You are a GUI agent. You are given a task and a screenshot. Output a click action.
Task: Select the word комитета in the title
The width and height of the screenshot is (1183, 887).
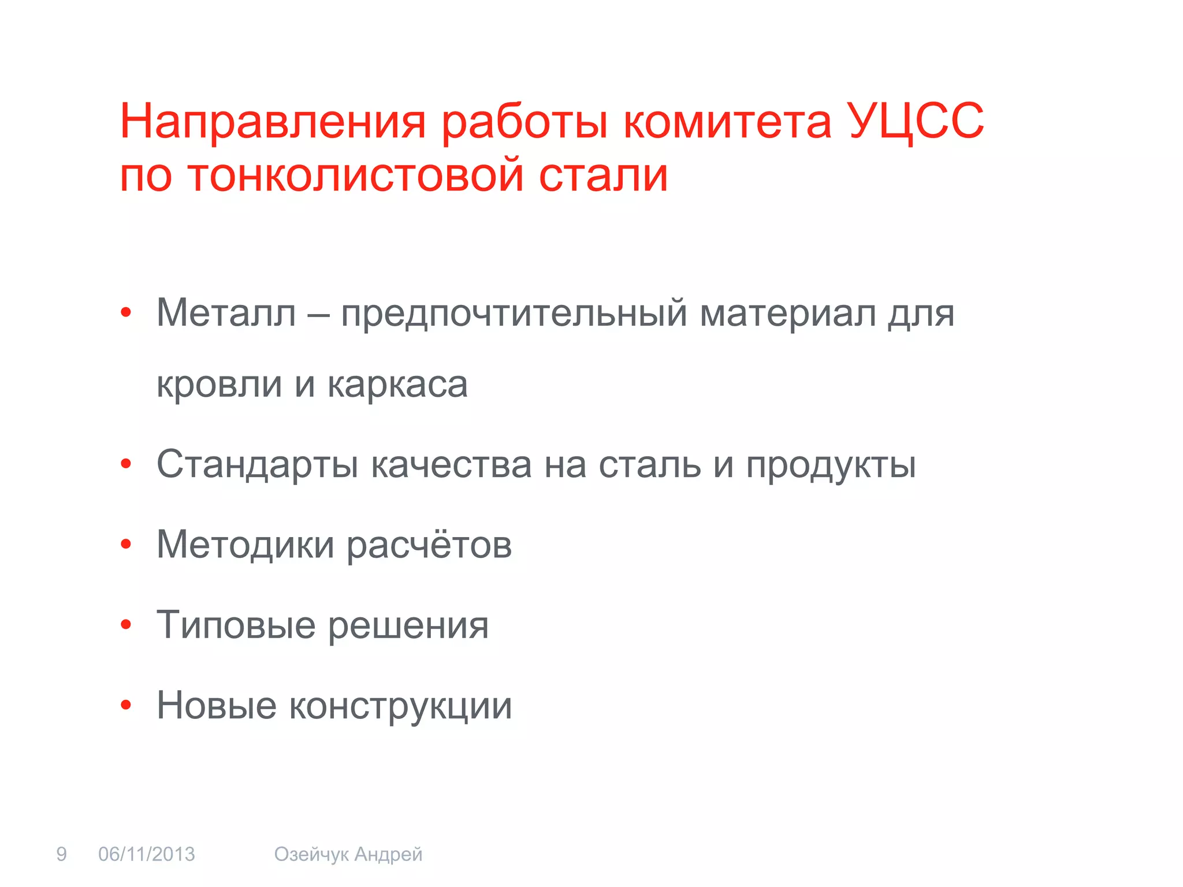point(727,122)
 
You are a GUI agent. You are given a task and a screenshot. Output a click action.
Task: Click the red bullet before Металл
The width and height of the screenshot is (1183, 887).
point(126,314)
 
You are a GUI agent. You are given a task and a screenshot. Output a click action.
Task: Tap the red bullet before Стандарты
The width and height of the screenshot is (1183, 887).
point(126,464)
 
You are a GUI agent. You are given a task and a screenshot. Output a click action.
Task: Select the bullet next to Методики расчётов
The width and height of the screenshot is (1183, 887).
point(126,545)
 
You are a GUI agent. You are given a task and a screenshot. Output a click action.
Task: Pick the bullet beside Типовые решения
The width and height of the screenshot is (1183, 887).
point(126,625)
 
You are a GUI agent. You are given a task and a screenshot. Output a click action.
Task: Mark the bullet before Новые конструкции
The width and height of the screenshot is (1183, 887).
point(126,705)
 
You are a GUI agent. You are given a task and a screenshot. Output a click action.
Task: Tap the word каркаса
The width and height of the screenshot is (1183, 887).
point(397,385)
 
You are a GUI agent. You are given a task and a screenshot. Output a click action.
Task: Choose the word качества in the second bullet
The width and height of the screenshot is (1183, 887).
point(451,464)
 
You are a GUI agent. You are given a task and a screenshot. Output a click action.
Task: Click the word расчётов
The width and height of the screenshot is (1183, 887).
point(429,545)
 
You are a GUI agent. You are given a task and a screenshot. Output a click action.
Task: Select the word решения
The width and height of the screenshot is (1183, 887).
point(408,625)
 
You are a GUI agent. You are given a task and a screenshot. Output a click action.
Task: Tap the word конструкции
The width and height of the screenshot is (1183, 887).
point(400,706)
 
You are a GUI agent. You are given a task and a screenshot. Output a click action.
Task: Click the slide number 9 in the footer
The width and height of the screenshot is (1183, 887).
point(61,854)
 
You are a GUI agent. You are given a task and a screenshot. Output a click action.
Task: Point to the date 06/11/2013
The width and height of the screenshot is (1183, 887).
point(147,854)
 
